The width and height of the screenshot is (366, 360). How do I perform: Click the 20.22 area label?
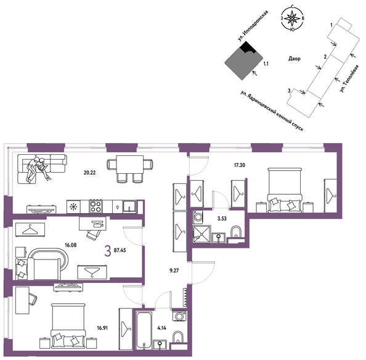[x=89, y=173]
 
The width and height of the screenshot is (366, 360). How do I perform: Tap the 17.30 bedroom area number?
[x=240, y=165]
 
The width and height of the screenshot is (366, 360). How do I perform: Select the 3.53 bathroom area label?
[x=222, y=219]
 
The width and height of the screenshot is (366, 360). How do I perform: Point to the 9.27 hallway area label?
[x=174, y=271]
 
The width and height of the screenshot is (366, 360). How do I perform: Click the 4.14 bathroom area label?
[x=161, y=328]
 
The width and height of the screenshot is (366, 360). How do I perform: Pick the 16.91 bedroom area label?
[x=102, y=328]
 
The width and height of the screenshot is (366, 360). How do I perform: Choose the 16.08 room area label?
[x=70, y=245]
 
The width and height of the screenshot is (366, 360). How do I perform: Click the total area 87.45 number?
[x=120, y=250]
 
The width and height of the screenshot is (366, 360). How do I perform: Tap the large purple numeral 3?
[x=108, y=252]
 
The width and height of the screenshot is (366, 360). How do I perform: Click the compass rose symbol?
[x=292, y=18]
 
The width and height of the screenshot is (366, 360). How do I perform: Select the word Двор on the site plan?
[x=295, y=59]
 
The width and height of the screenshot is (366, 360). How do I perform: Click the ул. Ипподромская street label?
[x=253, y=26]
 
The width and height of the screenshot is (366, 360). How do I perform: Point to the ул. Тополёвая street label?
[x=349, y=78]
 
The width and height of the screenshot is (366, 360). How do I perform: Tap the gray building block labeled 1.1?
[x=243, y=62]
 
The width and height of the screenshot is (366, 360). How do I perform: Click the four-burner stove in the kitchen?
[x=96, y=207]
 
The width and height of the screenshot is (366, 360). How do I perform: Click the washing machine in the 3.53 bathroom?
[x=198, y=217]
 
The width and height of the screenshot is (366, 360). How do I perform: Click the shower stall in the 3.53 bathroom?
[x=201, y=234]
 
